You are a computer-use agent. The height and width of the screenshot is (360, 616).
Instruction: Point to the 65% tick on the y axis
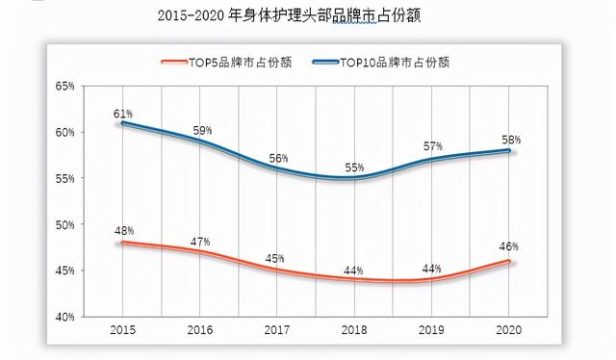click(64, 87)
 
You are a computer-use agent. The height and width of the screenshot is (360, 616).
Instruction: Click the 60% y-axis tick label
click(64, 133)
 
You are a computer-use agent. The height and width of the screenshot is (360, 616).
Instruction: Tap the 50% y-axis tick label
click(64, 225)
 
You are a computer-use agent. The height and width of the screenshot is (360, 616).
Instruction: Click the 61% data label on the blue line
click(123, 115)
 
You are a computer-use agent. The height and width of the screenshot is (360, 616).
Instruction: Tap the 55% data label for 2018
click(355, 167)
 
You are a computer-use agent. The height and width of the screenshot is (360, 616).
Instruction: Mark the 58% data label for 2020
click(510, 141)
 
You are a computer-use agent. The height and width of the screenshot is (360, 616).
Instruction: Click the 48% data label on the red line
click(123, 231)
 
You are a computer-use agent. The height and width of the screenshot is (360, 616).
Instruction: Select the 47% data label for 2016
click(200, 241)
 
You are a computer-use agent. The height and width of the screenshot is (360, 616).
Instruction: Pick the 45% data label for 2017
click(277, 259)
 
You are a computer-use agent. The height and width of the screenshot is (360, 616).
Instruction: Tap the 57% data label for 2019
click(433, 147)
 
